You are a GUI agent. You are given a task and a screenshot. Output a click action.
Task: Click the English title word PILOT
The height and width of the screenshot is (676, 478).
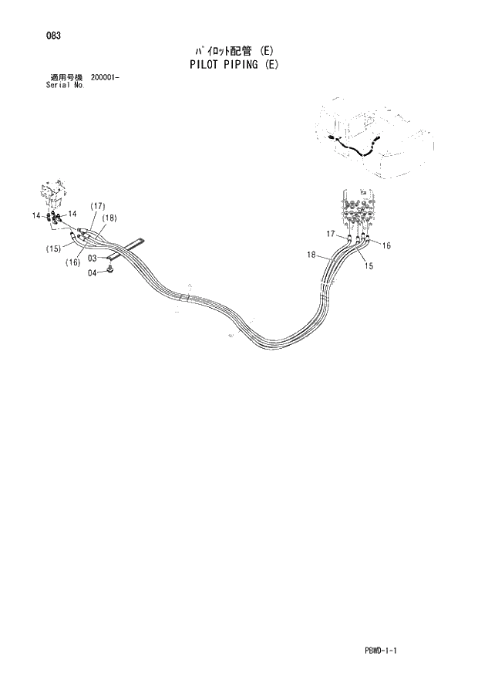(207, 65)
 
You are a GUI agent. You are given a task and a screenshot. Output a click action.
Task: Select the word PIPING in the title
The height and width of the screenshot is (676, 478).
(244, 65)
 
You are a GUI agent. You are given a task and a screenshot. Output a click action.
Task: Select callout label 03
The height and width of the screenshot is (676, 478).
(92, 259)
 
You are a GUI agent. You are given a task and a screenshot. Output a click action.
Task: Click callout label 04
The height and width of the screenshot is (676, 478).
(92, 272)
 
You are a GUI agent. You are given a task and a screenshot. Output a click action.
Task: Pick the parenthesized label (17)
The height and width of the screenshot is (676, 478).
(97, 206)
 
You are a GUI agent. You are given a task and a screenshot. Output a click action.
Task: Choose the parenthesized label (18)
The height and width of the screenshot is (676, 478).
(109, 218)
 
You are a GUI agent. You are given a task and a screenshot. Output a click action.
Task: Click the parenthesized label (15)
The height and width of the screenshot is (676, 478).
(53, 248)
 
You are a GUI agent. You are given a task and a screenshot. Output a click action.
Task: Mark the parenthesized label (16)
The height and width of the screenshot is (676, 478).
(74, 262)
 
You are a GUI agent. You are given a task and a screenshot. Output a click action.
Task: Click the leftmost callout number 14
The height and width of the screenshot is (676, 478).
(36, 216)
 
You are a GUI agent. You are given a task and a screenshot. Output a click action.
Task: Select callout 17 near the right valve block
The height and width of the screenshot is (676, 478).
(330, 234)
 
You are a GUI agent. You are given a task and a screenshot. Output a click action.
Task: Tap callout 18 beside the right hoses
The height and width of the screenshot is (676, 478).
(311, 254)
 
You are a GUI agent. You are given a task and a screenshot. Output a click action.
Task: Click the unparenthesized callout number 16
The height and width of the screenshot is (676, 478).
(386, 246)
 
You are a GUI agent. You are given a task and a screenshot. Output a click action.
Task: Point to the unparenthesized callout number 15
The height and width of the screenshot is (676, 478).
(369, 266)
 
